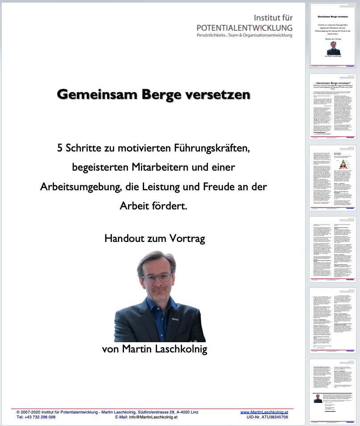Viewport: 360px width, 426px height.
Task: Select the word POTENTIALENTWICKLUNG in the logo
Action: [x=245, y=28]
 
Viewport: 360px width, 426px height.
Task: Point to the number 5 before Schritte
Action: [x=60, y=148]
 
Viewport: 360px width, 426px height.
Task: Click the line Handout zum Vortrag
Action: [x=154, y=238]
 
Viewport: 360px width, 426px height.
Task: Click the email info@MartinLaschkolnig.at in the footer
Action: [x=154, y=418]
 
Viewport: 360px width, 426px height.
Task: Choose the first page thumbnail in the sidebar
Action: [x=333, y=36]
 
